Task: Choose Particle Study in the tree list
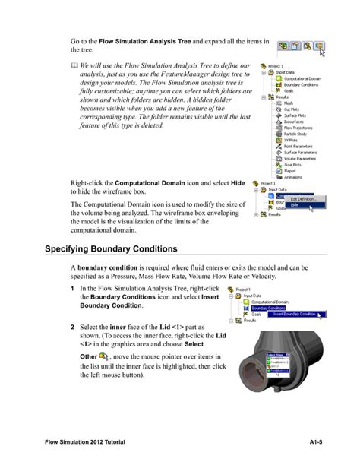[298, 134]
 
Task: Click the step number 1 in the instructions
[71, 289]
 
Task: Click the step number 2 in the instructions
[71, 324]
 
